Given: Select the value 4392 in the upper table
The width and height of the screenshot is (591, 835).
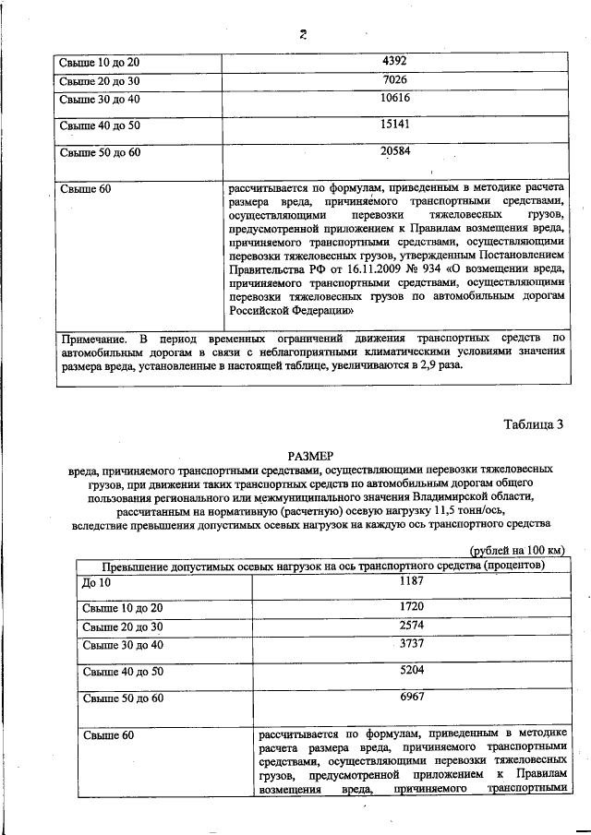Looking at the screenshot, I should tap(394, 62).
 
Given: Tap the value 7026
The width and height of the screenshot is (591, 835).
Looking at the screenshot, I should tap(394, 80).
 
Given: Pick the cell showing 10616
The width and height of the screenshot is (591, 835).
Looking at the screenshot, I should tap(394, 98).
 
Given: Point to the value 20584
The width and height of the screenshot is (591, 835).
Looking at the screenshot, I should tap(394, 150).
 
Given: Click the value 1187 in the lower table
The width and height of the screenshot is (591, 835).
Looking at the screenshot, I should tap(412, 581).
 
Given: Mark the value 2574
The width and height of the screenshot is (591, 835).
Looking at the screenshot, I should tap(412, 626).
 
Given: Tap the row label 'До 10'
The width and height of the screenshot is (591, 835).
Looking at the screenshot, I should tap(96, 584).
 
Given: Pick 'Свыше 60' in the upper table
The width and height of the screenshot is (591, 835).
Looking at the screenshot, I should tap(85, 189).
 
